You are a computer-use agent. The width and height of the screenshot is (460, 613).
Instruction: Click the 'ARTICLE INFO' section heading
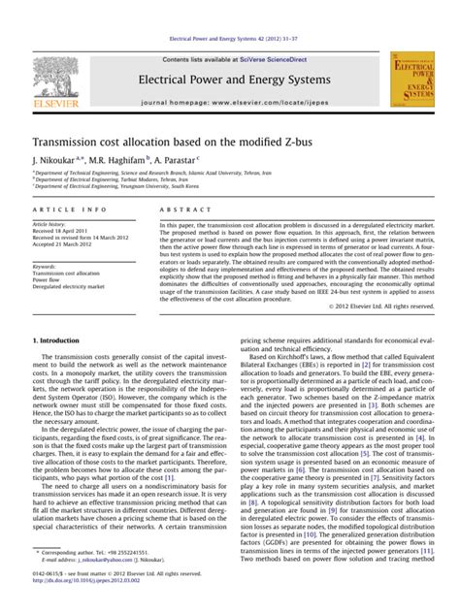point(70,210)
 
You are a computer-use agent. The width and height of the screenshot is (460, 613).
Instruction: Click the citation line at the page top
point(230,40)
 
